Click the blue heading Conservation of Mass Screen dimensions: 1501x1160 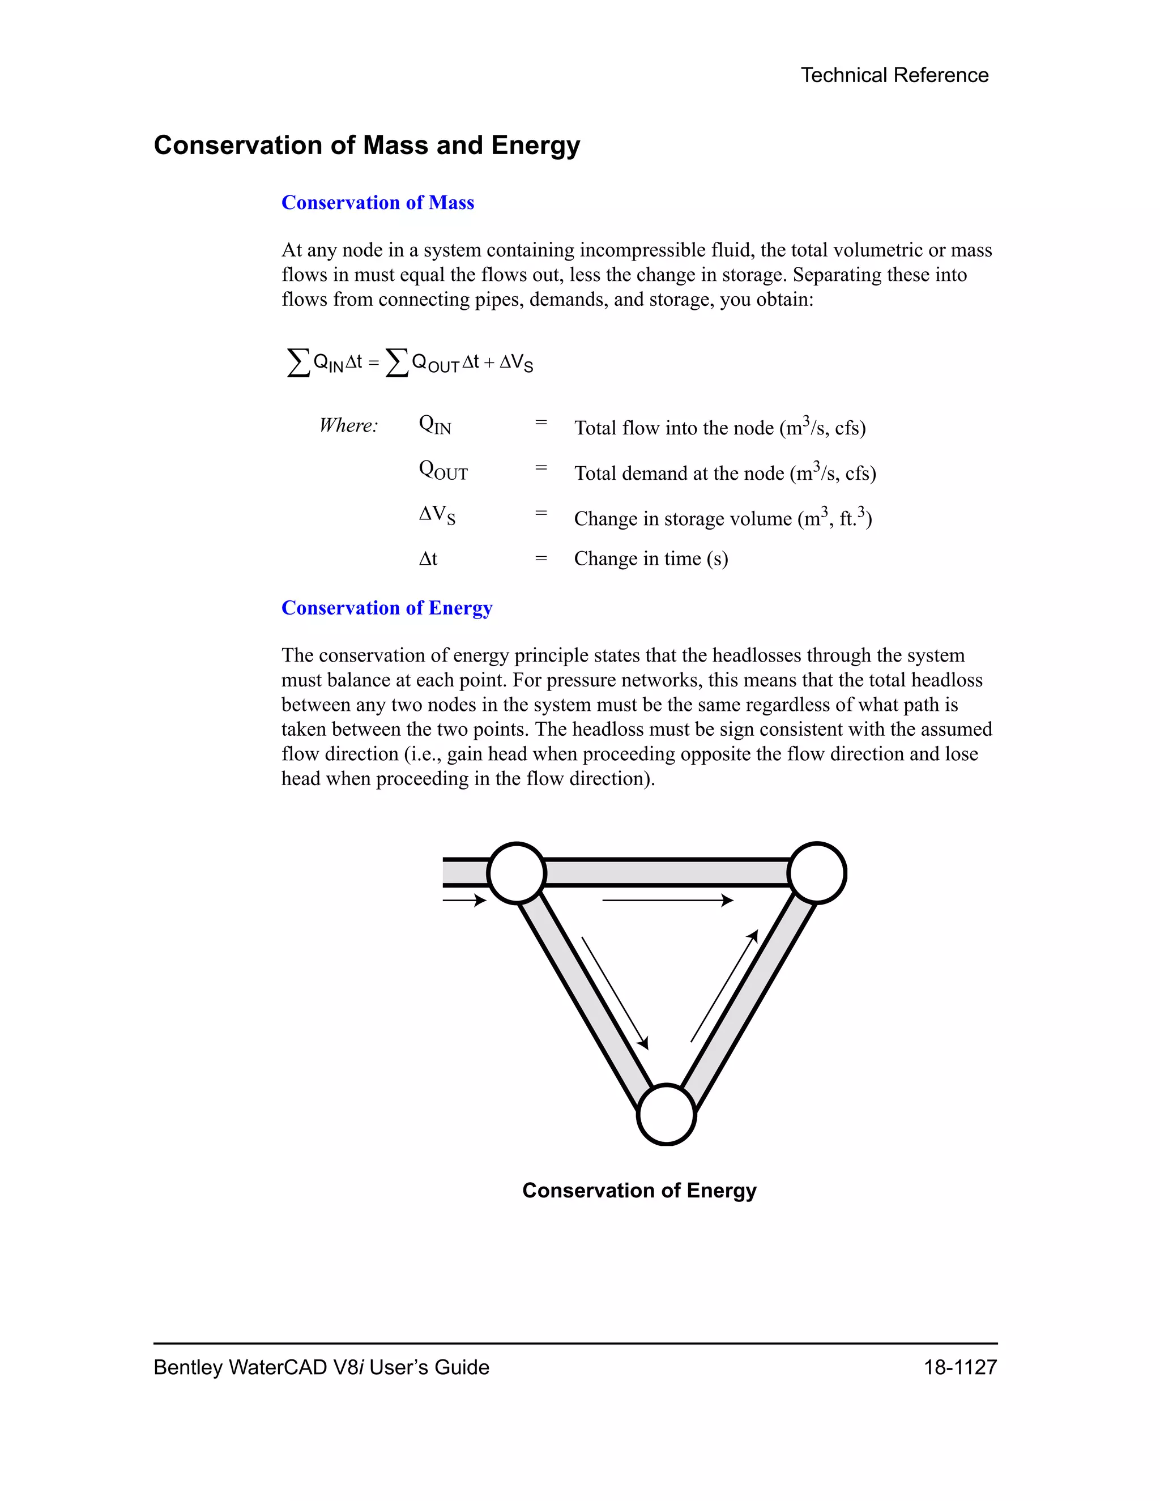click(377, 203)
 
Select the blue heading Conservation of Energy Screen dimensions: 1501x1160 click(386, 608)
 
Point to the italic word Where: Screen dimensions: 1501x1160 click(348, 425)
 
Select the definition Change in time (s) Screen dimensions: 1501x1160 click(650, 558)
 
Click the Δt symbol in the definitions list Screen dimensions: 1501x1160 click(428, 558)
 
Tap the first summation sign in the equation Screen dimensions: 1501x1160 click(297, 362)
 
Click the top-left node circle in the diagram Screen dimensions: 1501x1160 click(516, 873)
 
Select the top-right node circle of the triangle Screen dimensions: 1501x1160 click(816, 873)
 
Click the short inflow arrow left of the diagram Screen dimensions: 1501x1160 click(464, 899)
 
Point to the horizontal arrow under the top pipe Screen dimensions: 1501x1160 click(667, 899)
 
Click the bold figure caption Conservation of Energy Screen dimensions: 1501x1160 click(639, 1191)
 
